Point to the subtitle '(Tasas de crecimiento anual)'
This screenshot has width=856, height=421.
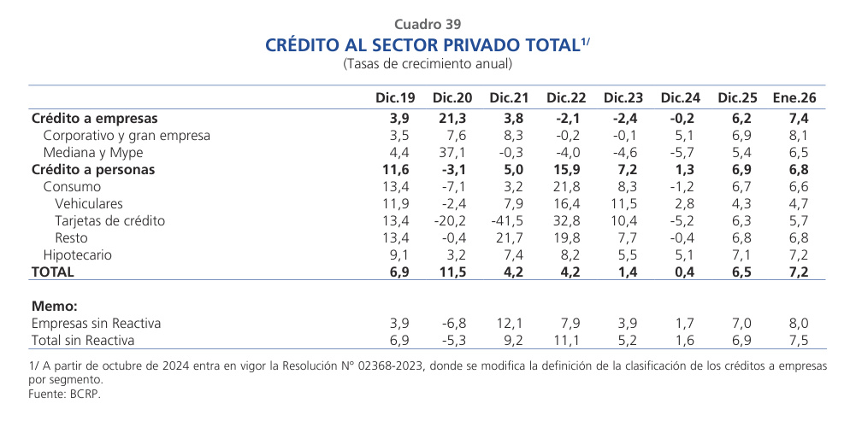(428, 64)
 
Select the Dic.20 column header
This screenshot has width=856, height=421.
(452, 98)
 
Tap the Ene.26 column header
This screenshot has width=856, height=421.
(794, 98)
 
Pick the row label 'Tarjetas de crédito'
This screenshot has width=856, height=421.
(109, 221)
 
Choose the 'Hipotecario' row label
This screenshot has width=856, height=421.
(78, 255)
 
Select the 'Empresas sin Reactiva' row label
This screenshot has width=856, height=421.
(96, 324)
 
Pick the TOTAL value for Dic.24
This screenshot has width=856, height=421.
(687, 272)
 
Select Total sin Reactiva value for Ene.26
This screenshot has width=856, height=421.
(798, 341)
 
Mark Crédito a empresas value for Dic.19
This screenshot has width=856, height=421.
(402, 119)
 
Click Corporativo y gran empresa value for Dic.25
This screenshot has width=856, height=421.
(742, 136)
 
